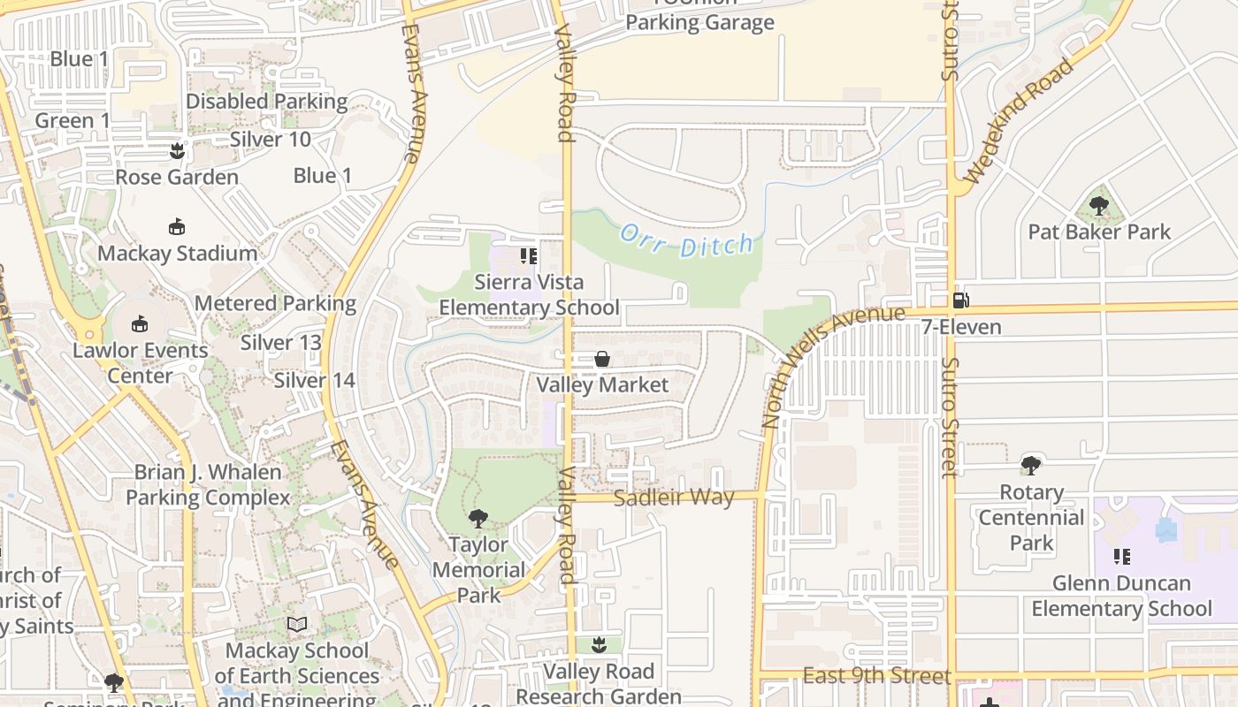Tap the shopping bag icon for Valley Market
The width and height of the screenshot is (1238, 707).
click(602, 359)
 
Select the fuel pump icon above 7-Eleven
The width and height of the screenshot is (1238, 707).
click(961, 300)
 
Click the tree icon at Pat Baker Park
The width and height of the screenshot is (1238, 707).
click(1099, 206)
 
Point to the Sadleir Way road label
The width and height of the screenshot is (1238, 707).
click(674, 498)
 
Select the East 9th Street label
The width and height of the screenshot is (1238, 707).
click(876, 676)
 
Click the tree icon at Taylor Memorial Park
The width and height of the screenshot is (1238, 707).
click(478, 518)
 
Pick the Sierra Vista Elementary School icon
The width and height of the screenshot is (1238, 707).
click(529, 256)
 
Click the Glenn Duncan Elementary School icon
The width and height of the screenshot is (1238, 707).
click(1121, 557)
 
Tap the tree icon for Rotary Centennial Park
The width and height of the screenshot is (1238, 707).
click(1030, 465)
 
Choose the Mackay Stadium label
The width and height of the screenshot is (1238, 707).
click(177, 254)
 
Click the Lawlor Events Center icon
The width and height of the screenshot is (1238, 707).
click(140, 323)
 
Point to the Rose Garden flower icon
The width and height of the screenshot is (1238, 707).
click(177, 150)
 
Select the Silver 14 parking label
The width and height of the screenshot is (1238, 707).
click(314, 381)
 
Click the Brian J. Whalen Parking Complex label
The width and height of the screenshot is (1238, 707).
click(208, 485)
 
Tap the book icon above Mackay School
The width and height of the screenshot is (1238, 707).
click(297, 625)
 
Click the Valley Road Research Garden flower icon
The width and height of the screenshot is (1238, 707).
click(599, 644)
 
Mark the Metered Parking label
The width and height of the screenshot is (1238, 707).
click(275, 304)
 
